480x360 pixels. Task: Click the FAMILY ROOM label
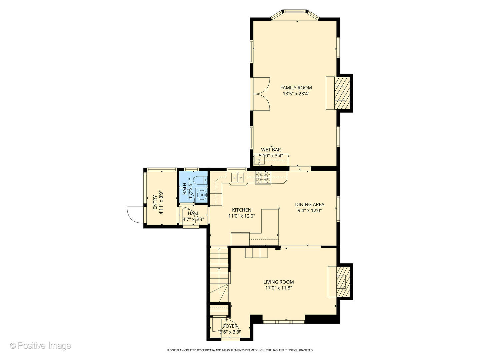tap(296, 88)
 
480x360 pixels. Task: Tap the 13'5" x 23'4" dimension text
tap(296, 94)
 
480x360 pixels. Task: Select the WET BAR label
tap(271, 150)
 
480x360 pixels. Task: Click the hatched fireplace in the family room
tap(342, 93)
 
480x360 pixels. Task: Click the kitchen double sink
tap(238, 177)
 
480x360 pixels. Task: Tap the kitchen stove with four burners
tap(263, 177)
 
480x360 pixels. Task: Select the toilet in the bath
tap(201, 180)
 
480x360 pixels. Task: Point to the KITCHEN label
tap(241, 210)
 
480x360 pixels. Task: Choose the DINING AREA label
tap(310, 204)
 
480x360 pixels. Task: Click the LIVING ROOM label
tap(278, 282)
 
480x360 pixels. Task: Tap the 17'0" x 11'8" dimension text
tap(279, 288)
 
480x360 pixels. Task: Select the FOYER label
tap(230, 326)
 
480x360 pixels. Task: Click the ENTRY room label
tap(155, 202)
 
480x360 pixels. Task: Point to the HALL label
tap(193, 213)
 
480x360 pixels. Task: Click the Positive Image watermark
tap(41, 345)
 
